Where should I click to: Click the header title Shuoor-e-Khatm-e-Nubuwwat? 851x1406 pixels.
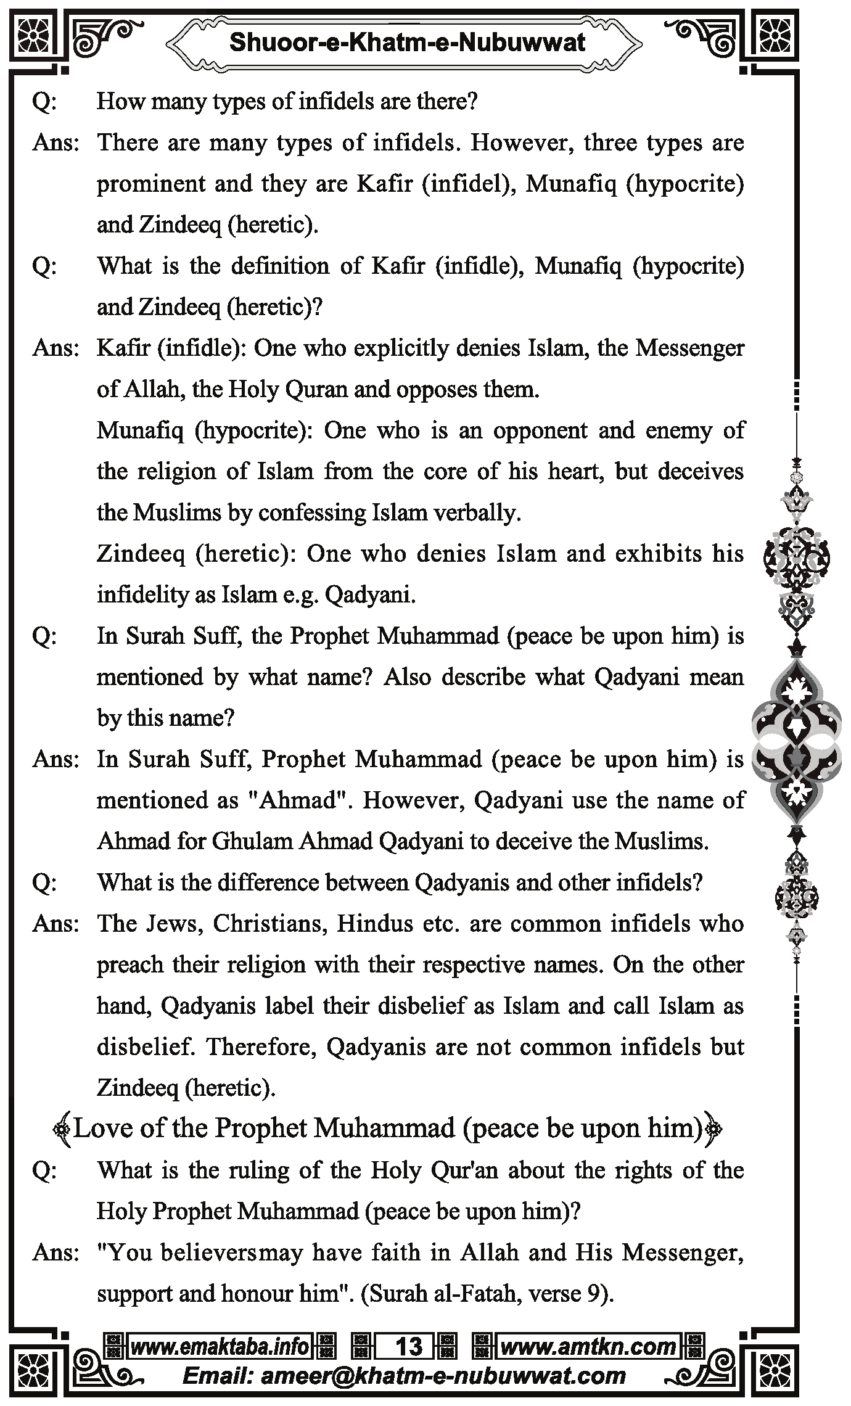tap(407, 43)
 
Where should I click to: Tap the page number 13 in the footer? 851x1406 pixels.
tap(409, 1347)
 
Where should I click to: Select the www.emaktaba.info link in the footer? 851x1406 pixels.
tap(220, 1347)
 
